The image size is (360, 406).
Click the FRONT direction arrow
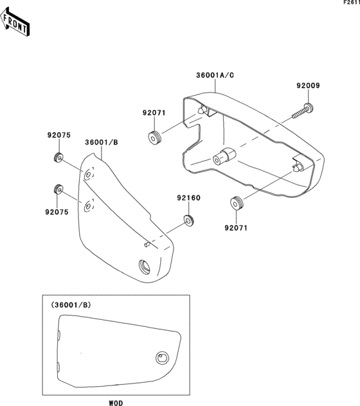coord(15,22)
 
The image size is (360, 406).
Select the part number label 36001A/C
coord(215,75)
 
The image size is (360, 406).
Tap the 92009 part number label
coord(308,85)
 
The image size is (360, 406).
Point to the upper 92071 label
coord(154,113)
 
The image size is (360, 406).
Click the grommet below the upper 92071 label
coord(154,137)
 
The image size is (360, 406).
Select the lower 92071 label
coord(236,228)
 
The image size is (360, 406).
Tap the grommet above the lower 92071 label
coord(237,203)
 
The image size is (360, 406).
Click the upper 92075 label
coord(59,135)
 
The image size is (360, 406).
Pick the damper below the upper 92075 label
coord(59,157)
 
